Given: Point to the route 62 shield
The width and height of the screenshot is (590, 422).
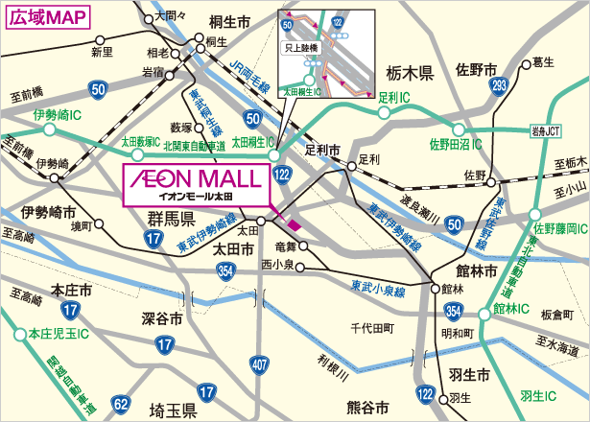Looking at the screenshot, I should pyautogui.click(x=120, y=403).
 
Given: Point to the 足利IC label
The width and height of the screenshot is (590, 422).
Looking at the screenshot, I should pyautogui.click(x=394, y=97).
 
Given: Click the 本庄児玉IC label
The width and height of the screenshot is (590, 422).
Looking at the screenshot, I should pyautogui.click(x=58, y=334).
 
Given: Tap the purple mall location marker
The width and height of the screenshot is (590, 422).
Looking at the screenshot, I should pyautogui.click(x=294, y=223).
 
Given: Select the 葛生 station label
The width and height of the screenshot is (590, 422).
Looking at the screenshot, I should pyautogui.click(x=543, y=62).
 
